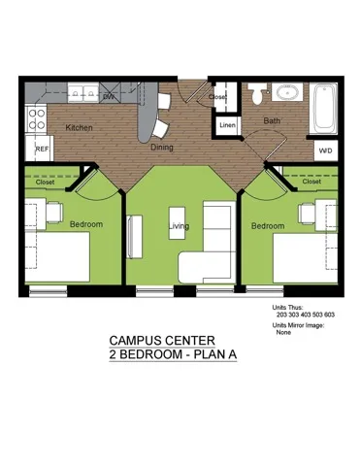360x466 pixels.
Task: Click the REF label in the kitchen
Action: point(42,150)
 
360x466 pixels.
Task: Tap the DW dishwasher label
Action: point(109,97)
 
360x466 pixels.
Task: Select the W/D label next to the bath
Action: point(325,150)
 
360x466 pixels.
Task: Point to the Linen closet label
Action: point(226,125)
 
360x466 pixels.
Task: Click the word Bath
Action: point(273,121)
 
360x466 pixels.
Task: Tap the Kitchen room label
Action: point(79,128)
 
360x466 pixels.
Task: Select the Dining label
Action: point(162,148)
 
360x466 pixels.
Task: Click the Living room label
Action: point(179,226)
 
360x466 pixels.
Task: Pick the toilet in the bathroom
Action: point(257,95)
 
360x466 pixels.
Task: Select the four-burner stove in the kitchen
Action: point(38,118)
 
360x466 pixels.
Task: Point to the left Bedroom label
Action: point(86,224)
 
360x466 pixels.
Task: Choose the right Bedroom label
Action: point(268,226)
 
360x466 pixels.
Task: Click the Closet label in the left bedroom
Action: point(46,182)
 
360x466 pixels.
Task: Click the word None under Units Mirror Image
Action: point(284,332)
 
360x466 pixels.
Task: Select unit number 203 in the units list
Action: point(282,315)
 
